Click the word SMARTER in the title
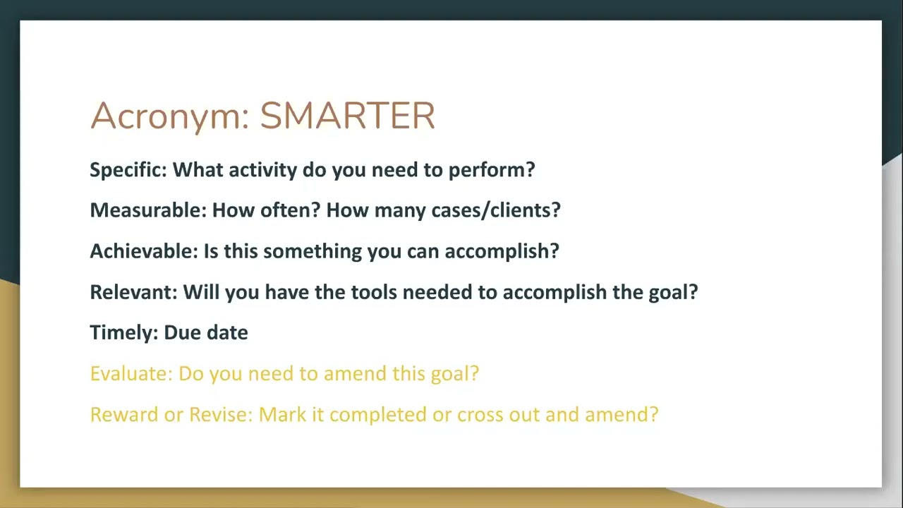pos(347,116)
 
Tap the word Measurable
pos(147,210)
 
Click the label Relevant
pos(133,292)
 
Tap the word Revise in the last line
pos(219,414)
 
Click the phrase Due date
pos(206,333)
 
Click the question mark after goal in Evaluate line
pos(474,373)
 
